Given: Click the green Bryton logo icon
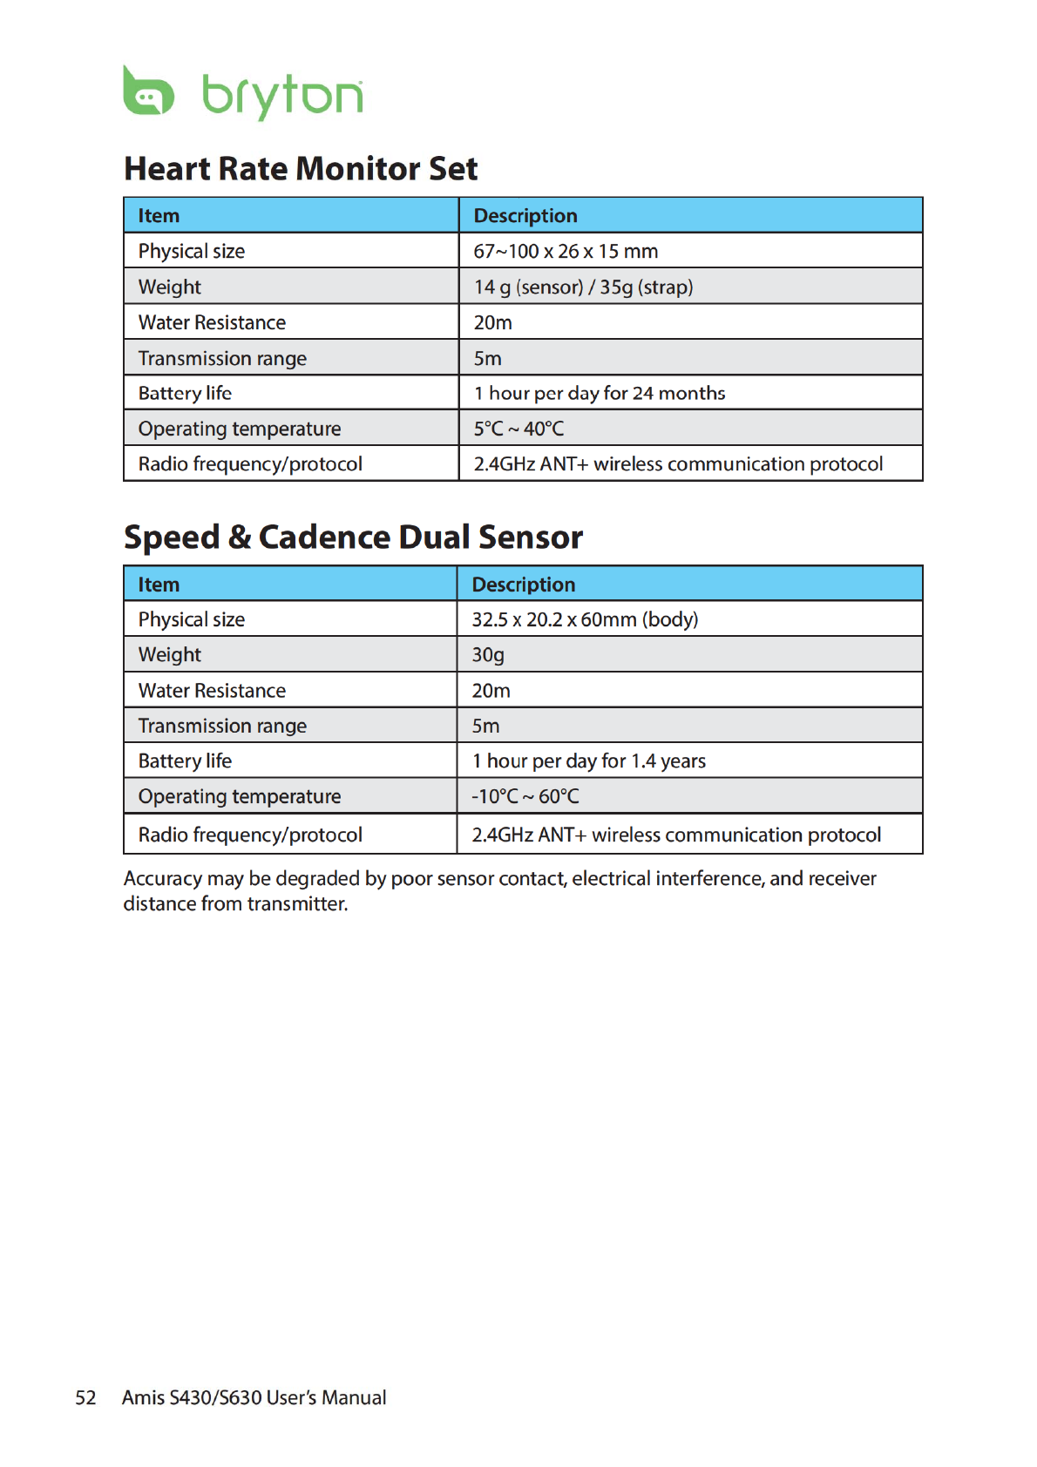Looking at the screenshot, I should (148, 91).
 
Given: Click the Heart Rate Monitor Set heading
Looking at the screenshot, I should (301, 169).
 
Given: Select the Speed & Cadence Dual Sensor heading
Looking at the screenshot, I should (353, 537).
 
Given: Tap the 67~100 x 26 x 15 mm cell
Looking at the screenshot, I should (566, 251).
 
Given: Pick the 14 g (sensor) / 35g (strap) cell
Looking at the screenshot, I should (583, 287).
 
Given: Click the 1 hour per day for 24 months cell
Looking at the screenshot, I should (599, 393).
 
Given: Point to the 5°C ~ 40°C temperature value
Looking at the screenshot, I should (518, 429).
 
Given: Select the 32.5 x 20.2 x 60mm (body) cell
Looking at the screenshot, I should (585, 619).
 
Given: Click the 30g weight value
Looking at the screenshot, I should (488, 654).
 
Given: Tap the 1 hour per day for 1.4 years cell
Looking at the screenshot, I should (588, 761).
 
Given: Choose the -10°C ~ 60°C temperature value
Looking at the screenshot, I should (525, 796).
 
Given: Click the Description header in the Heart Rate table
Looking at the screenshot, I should (525, 215).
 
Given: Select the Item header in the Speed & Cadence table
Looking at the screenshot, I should (159, 585).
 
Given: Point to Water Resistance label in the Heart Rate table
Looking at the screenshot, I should (212, 322).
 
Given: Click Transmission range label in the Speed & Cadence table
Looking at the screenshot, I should (222, 726).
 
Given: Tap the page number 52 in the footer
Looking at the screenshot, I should (85, 1397).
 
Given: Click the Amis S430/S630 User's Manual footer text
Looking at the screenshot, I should (254, 1397).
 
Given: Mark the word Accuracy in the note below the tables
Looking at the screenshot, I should (163, 878).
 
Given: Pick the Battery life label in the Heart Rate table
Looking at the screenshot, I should (185, 393).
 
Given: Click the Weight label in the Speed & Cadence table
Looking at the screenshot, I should (169, 654).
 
